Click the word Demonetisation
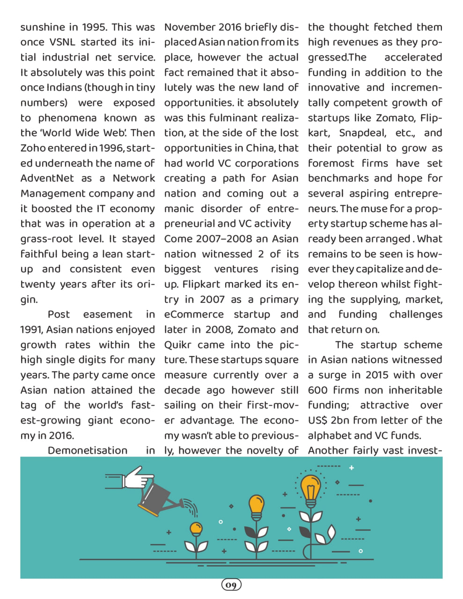88,451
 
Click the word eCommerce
194,314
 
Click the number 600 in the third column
318,390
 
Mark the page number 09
231,585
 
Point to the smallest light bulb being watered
196,529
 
